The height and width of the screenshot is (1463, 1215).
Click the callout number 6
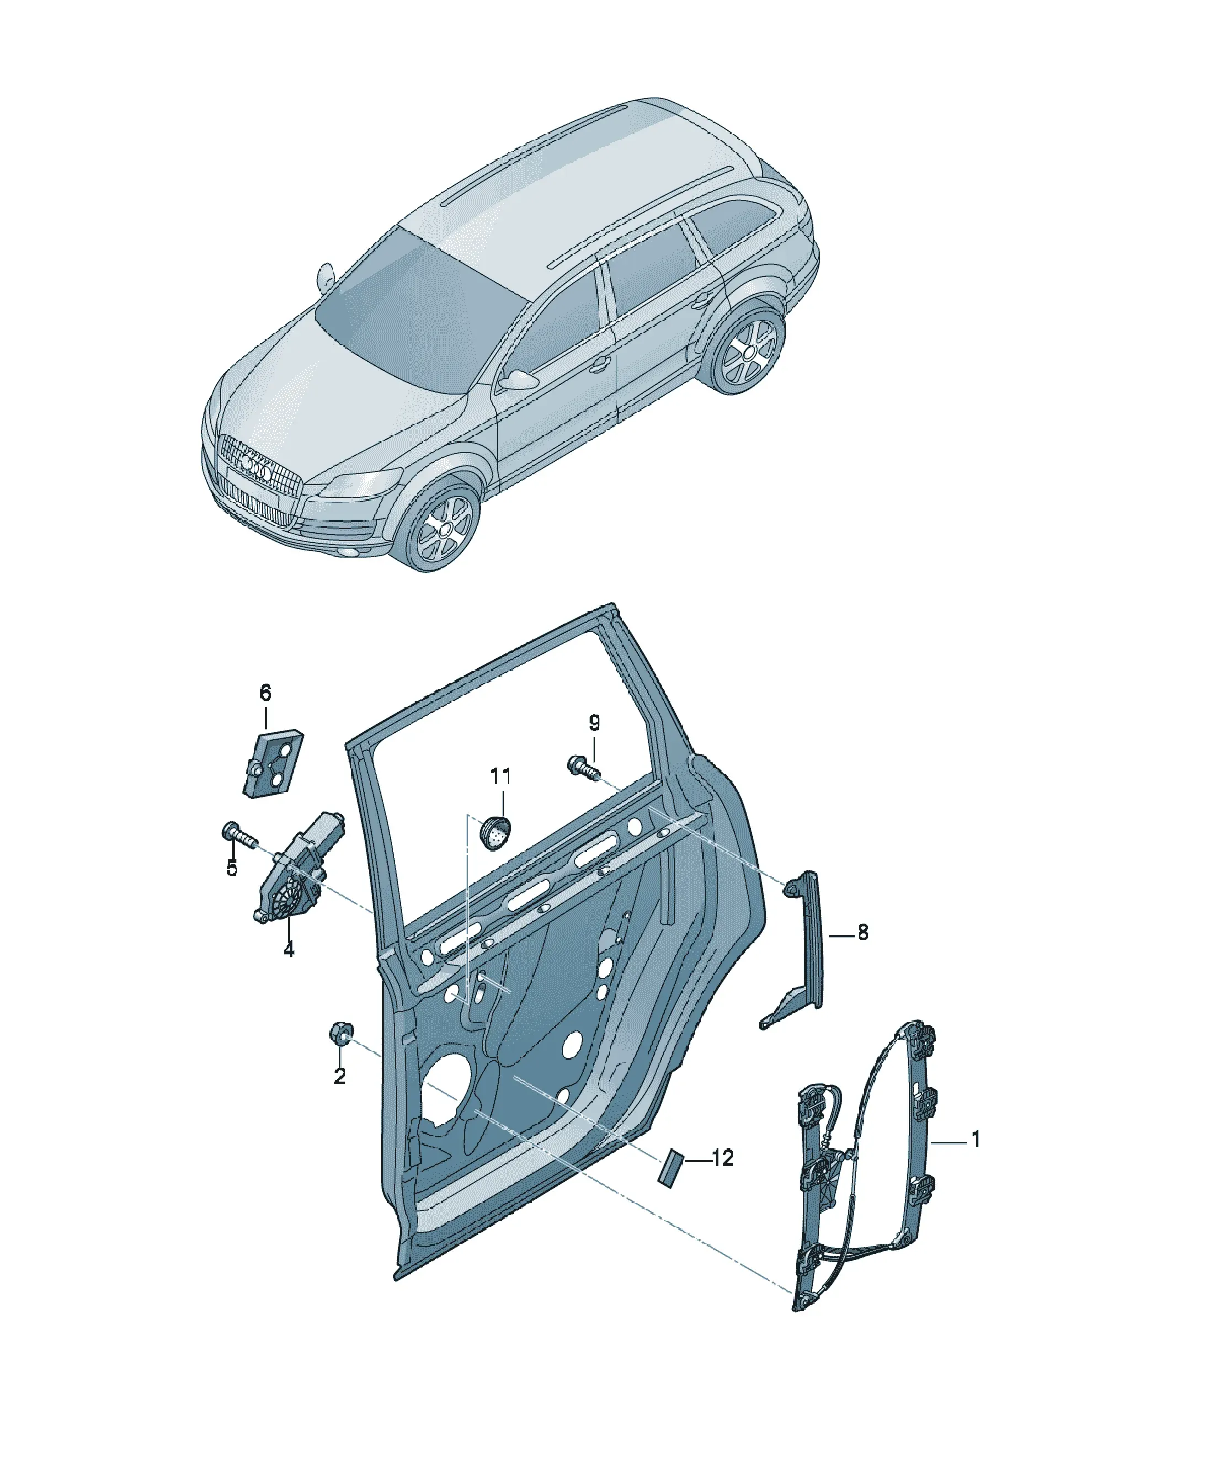pyautogui.click(x=265, y=693)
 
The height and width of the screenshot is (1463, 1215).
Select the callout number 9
pyautogui.click(x=594, y=723)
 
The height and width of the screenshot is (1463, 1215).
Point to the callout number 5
pyautogui.click(x=231, y=869)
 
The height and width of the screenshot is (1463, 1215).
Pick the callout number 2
pyautogui.click(x=339, y=1076)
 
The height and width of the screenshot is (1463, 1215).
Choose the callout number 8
pyautogui.click(x=863, y=933)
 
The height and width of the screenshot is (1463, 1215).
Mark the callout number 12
pyautogui.click(x=723, y=1158)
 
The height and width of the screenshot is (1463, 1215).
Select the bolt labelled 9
pyautogui.click(x=584, y=768)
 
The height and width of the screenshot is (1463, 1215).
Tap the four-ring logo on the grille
pyautogui.click(x=255, y=467)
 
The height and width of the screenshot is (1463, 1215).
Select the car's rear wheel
pyautogui.click(x=749, y=352)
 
